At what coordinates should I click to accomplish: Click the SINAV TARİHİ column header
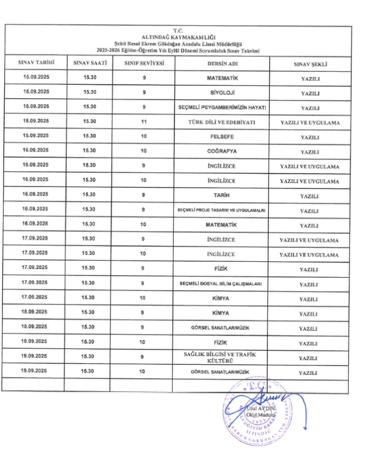(36, 63)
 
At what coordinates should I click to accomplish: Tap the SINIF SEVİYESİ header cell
(144, 63)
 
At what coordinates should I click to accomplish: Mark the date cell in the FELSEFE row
(36, 136)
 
